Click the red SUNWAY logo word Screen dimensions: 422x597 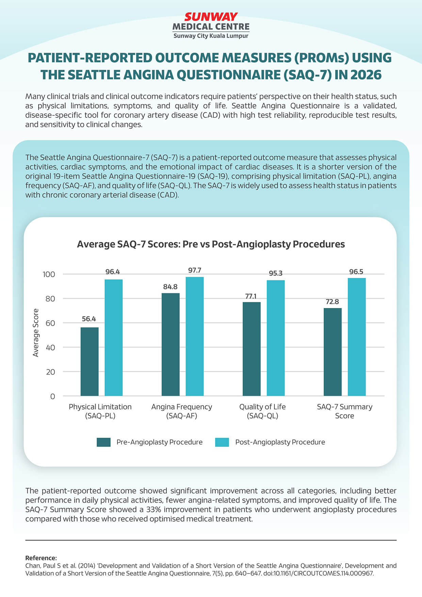[211, 17]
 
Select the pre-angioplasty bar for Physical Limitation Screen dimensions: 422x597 [90, 361]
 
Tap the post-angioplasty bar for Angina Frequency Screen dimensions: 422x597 [195, 336]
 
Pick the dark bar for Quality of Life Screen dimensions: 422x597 [251, 349]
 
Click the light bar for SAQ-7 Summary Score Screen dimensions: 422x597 [357, 337]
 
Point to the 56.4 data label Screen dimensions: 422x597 [89, 319]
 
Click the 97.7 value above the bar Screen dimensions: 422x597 [195, 270]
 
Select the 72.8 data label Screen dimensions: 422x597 [332, 302]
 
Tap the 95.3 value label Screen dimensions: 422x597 [276, 273]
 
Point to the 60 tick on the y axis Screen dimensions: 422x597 [50, 323]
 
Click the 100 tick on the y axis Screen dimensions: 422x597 [49, 274]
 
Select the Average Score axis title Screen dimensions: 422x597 [36, 333]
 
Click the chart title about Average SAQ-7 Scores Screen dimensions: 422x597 [211, 244]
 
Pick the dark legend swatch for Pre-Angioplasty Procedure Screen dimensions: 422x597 [103, 442]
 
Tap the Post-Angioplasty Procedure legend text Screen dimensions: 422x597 [280, 442]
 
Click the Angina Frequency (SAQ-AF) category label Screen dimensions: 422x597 [182, 411]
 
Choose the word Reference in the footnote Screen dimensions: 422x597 [41, 558]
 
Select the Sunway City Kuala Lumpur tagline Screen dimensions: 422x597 [211, 36]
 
